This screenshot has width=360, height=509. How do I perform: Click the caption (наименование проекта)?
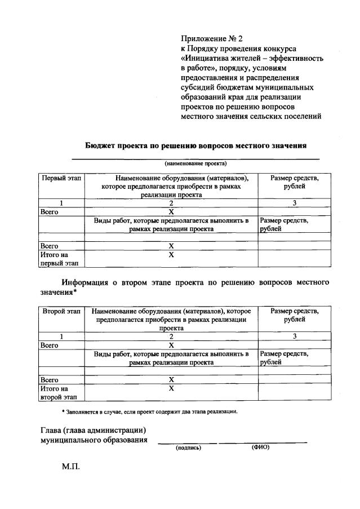195,163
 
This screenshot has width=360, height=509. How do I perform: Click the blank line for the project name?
195,158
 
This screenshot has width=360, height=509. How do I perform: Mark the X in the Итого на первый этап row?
171,255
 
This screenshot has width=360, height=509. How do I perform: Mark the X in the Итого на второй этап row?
171,388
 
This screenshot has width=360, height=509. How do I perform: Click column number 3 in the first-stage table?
294,203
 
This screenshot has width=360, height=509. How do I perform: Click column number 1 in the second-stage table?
61,337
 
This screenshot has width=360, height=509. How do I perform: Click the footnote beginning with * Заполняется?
149,411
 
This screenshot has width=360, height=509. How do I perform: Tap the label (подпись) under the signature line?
188,448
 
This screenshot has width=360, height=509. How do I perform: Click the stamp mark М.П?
72,467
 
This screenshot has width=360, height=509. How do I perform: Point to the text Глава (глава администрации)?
94,430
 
